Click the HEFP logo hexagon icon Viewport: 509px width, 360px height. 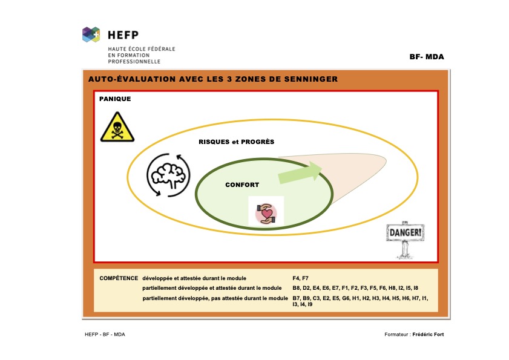coord(91,34)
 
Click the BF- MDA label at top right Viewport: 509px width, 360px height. coord(427,57)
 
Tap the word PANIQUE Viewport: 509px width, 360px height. coord(115,99)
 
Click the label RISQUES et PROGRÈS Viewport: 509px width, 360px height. coord(236,142)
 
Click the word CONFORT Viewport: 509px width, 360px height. coord(242,185)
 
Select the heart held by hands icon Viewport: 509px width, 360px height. coord(266,214)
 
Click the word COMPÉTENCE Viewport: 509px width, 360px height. coord(119,278)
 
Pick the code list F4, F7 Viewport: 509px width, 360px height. coord(300,278)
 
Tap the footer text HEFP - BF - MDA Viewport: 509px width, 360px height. coord(105,335)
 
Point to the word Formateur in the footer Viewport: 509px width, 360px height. coord(396,335)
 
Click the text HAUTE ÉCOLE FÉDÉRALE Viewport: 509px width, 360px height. coord(142,48)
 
